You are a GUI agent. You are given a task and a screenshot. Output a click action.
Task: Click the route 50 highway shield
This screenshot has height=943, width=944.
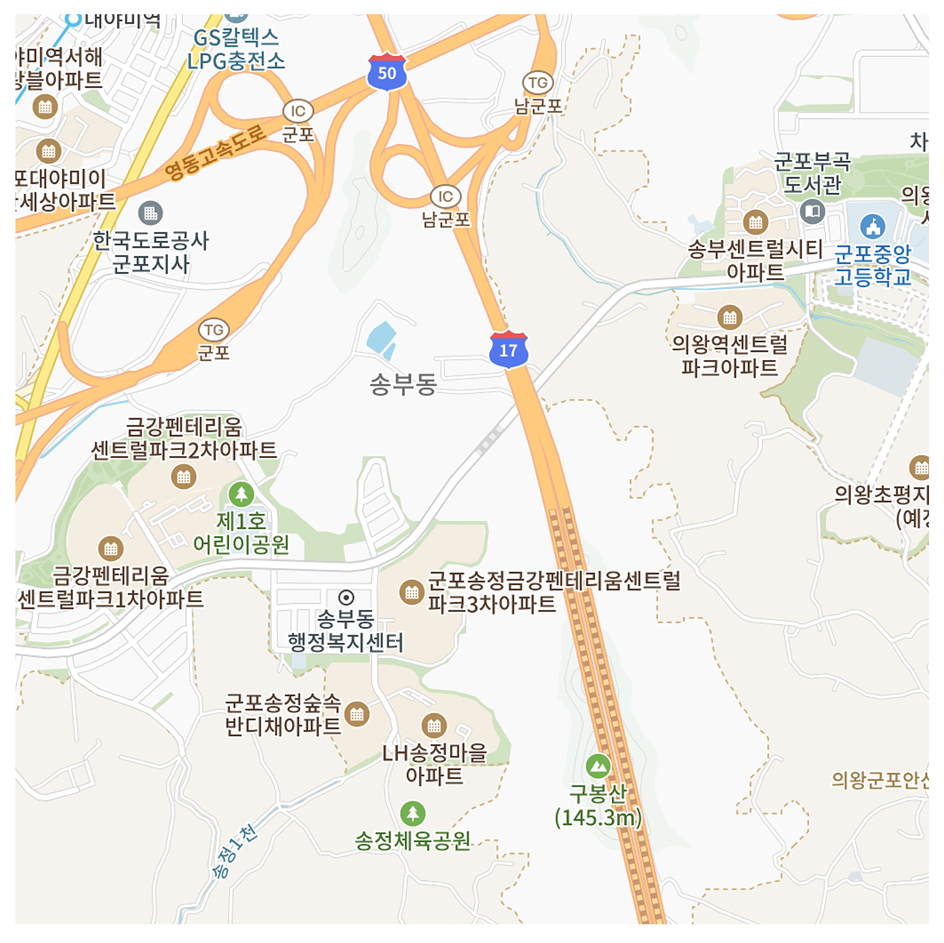387,73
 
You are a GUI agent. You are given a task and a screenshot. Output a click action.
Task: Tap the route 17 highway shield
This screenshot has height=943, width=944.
508,349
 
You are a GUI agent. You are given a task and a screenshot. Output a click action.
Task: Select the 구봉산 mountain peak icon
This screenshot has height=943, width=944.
598,766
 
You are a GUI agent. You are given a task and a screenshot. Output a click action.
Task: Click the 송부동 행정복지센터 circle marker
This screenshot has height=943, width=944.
346,597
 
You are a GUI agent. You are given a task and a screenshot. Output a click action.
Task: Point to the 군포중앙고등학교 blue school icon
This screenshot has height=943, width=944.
872,227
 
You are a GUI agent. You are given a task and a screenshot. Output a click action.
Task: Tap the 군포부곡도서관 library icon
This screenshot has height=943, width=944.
812,212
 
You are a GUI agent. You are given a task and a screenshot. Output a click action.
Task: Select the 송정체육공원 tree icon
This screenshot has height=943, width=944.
412,814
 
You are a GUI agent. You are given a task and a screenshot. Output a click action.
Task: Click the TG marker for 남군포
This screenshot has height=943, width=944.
538,83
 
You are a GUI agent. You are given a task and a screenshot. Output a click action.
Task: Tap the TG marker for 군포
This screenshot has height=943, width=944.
214,330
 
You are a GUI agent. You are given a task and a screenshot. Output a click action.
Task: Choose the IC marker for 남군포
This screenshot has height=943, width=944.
445,197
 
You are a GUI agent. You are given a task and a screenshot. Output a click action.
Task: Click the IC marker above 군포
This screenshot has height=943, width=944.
298,111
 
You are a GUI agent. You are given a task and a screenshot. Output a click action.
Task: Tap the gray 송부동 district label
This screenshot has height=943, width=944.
403,384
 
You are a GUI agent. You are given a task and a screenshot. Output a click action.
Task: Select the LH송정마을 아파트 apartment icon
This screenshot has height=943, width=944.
434,725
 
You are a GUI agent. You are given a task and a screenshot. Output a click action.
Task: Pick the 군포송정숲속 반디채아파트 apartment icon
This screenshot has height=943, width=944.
357,715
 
